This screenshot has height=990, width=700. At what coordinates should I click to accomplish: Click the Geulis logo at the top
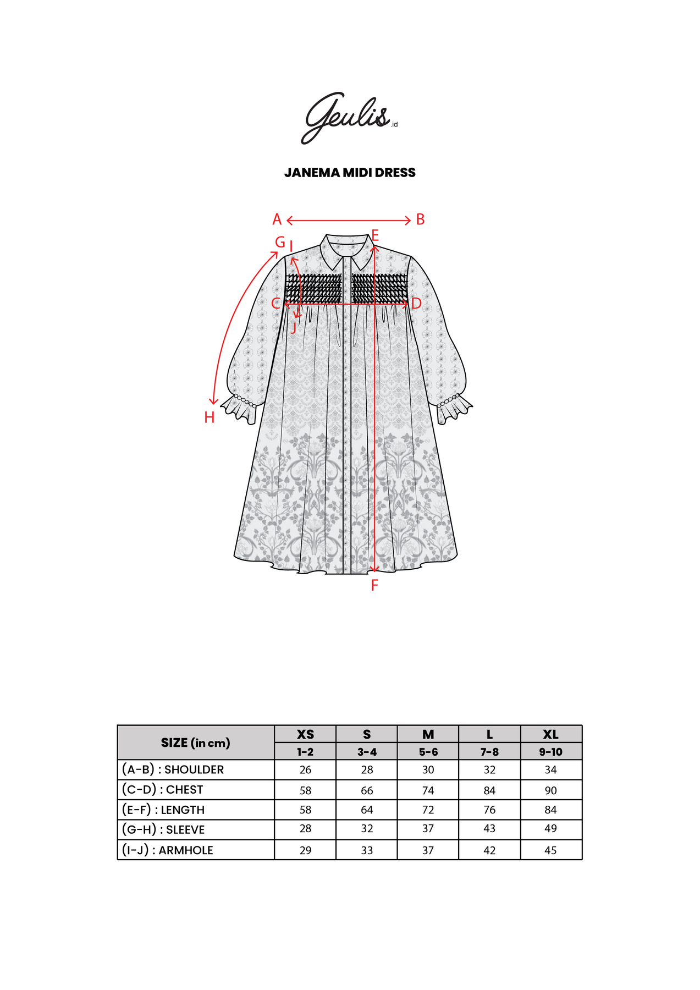348,117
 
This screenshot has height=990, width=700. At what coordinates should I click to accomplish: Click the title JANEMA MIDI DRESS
350,173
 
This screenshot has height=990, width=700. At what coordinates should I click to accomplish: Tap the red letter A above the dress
277,220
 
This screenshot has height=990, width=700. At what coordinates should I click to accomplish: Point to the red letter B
420,220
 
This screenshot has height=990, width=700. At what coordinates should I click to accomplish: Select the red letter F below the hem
374,586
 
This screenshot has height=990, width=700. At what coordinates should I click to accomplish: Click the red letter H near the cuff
210,418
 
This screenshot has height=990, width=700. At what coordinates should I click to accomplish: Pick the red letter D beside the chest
416,304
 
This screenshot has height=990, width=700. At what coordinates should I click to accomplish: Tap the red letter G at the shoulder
280,243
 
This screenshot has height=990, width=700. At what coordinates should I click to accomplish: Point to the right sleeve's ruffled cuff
455,408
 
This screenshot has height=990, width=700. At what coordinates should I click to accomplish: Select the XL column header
550,734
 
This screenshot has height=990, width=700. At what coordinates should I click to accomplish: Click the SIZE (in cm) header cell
195,743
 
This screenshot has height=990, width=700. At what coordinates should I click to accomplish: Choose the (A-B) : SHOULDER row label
173,769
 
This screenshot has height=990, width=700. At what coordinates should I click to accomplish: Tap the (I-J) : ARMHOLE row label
167,850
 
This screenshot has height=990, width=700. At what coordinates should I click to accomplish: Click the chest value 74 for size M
428,790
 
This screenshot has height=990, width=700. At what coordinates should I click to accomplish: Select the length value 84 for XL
550,810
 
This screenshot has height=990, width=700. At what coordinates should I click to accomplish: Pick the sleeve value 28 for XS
305,829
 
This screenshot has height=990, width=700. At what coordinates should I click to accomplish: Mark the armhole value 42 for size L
489,850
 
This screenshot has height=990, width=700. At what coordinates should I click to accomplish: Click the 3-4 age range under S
367,752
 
